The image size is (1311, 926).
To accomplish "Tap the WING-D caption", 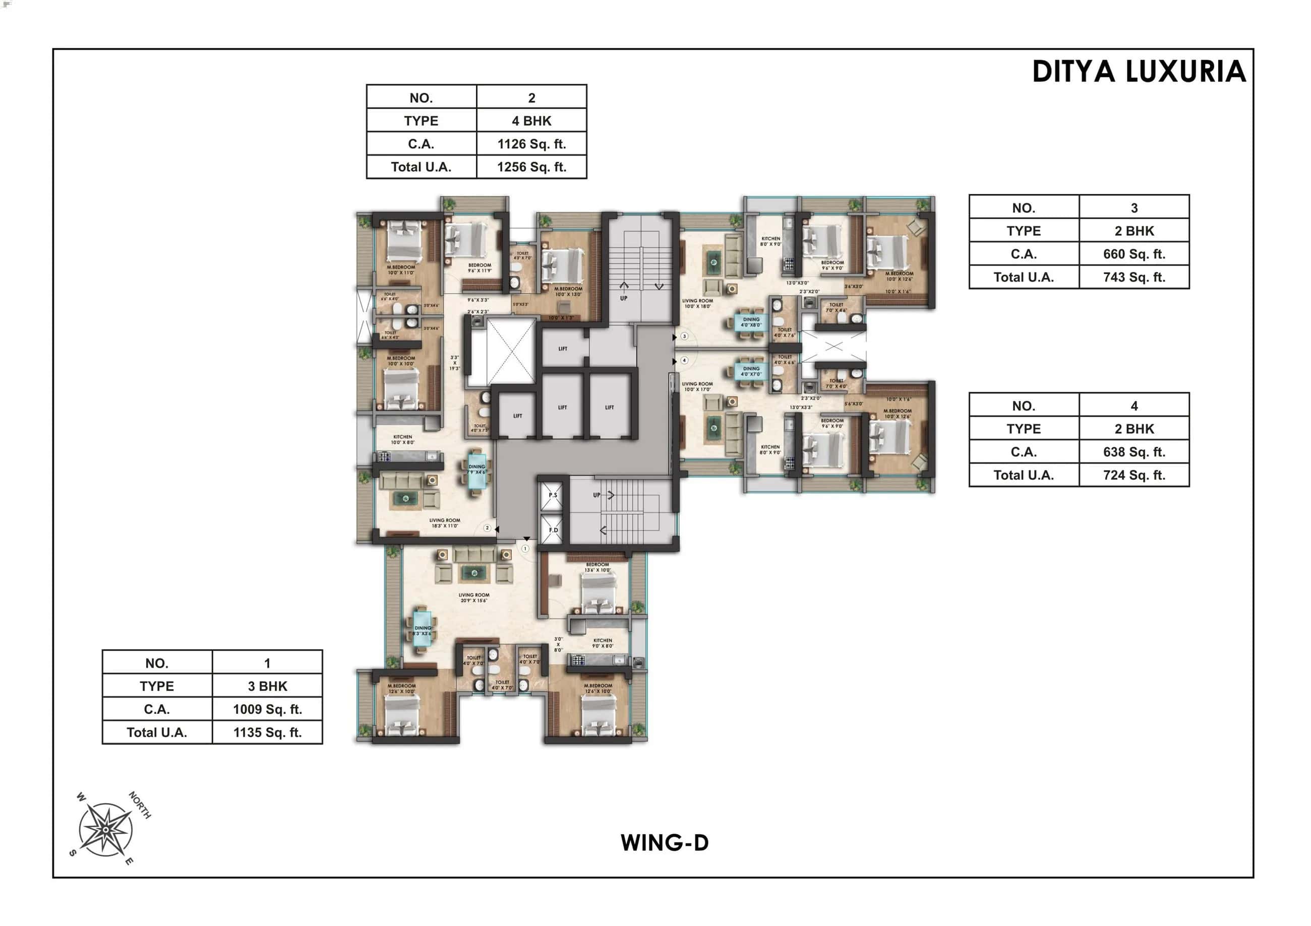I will coord(665,843).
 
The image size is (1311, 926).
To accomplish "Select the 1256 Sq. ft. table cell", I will coord(531,167).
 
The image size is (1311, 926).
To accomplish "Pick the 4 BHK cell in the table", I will coord(531,121).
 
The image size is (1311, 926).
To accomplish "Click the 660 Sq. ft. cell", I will coord(1134,254).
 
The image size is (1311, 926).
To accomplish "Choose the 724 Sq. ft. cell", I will coord(1134,475).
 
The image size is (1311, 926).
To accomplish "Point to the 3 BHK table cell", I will coord(267,686).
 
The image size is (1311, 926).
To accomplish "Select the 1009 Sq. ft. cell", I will coord(267,709).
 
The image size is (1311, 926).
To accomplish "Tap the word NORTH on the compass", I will coord(140,805).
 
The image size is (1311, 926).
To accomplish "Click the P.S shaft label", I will coord(553,495).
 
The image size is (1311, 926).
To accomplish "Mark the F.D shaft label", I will coord(553,530).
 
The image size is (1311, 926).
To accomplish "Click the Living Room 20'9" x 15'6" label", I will coord(473,597).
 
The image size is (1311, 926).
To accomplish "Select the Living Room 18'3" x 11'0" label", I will coord(444,522).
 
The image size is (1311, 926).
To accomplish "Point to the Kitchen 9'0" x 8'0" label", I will coord(603,643).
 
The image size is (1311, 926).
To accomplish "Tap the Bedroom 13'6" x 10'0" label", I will coord(597,567).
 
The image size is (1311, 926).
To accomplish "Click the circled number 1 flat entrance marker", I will coord(525,548).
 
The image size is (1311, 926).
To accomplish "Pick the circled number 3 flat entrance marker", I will coord(684,337).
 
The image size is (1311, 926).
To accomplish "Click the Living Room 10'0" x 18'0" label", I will coord(697,303).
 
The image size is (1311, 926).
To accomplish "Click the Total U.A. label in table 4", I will coord(1023,475).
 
